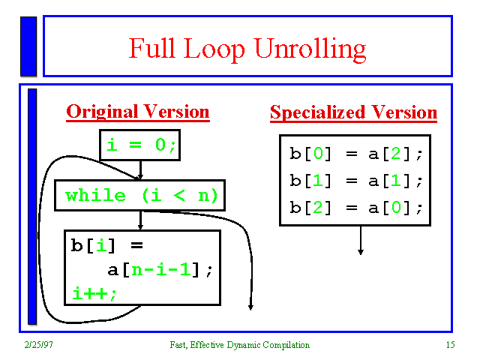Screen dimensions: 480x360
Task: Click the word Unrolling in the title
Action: pos(310,49)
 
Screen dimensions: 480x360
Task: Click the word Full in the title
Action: pos(152,48)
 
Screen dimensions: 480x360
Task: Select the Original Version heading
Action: pos(138,112)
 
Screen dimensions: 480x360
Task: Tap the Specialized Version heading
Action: pos(353,112)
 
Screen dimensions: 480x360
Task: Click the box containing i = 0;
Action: pos(140,145)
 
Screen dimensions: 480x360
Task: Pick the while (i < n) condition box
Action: pos(140,195)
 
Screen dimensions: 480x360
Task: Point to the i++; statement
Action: pos(94,293)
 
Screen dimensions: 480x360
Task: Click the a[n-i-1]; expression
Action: pos(160,270)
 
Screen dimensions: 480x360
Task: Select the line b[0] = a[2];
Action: pos(356,153)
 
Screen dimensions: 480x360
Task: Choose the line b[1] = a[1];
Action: pos(356,181)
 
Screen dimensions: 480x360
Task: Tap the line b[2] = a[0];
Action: pos(356,208)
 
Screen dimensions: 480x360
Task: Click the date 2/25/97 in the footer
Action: pos(38,345)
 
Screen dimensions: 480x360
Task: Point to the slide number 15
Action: pos(450,345)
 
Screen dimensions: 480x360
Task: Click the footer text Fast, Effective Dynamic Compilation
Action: pos(240,345)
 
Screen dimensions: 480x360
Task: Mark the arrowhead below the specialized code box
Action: pos(361,252)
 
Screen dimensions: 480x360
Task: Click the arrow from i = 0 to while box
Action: pos(140,170)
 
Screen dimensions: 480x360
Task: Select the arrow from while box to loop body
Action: pos(140,220)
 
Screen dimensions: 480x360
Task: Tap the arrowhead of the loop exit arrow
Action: pos(250,307)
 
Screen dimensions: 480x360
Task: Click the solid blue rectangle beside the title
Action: pos(28,46)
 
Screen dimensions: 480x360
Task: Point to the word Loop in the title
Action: pos(214,49)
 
